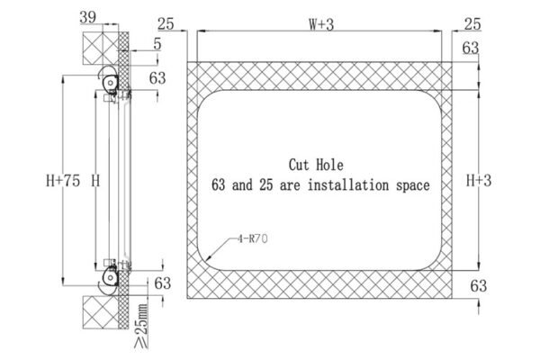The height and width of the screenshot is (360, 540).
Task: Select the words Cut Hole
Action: (316, 165)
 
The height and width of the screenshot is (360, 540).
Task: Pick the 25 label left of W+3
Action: (166, 24)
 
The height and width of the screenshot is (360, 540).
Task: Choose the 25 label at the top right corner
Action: (472, 24)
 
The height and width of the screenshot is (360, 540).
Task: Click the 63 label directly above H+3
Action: (470, 48)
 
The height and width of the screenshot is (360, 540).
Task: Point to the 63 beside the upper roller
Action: (157, 78)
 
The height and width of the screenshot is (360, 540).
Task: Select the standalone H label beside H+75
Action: (94, 181)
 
